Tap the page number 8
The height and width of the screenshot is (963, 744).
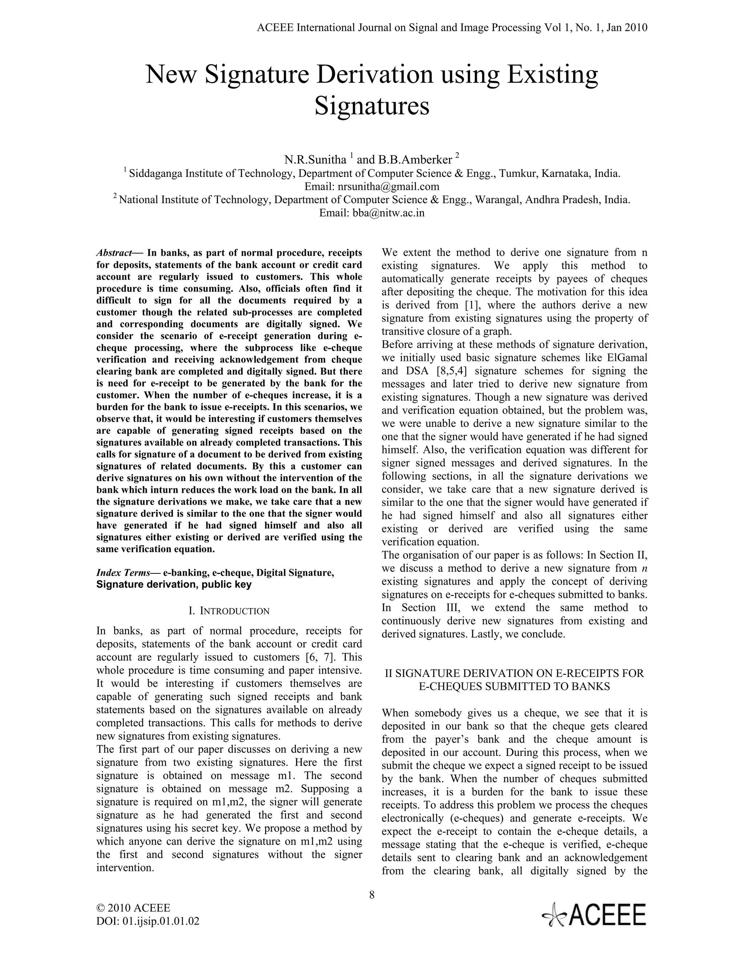click(x=372, y=894)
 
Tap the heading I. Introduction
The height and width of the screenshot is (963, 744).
click(x=229, y=611)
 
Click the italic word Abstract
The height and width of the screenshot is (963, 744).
click(x=114, y=253)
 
